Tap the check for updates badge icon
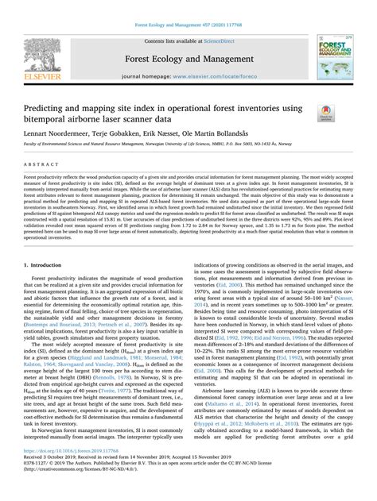click(x=326, y=112)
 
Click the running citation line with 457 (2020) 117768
click(x=188, y=6)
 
